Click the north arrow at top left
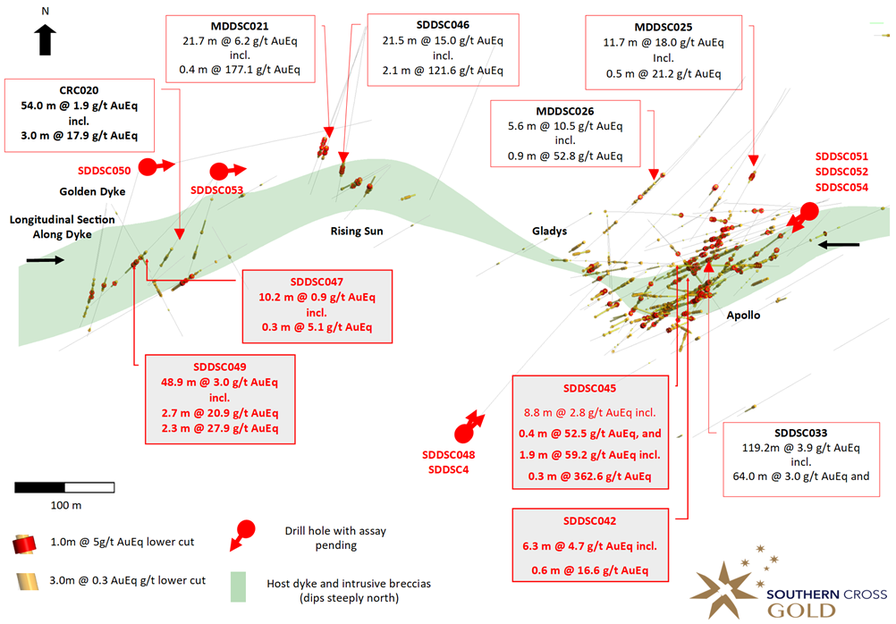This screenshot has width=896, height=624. [x=46, y=38]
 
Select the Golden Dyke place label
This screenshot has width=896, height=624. [x=92, y=191]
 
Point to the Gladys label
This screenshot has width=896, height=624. [x=550, y=231]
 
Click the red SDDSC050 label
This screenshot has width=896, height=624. [x=104, y=170]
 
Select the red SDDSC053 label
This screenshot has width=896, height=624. [x=216, y=190]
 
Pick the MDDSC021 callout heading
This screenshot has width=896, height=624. [x=238, y=27]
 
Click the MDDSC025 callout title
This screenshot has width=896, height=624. [x=664, y=27]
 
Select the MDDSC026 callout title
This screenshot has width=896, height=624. [x=564, y=111]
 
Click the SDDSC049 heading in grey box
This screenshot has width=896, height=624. [x=219, y=367]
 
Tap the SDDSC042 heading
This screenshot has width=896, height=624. [x=591, y=520]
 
